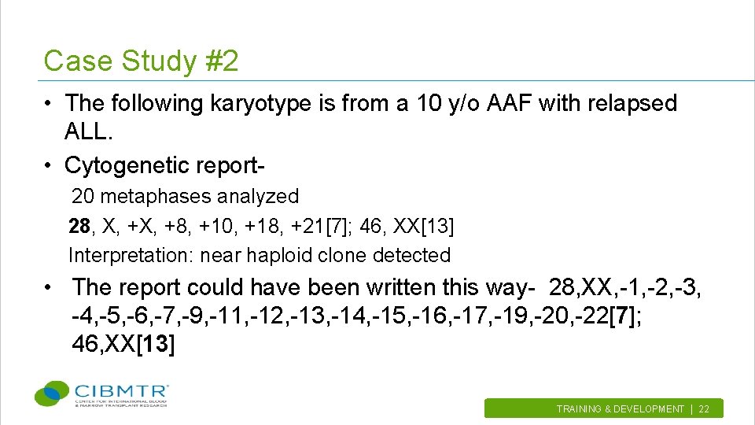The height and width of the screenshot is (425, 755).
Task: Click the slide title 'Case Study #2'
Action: [141, 61]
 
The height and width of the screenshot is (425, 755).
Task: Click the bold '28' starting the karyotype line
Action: [79, 227]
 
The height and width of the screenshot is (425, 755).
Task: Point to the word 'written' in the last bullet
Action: [404, 287]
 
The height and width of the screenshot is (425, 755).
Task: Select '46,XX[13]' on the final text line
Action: [123, 345]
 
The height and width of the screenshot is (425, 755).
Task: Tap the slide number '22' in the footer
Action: [704, 409]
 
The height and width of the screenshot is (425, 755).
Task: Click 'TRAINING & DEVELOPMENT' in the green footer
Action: [620, 409]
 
